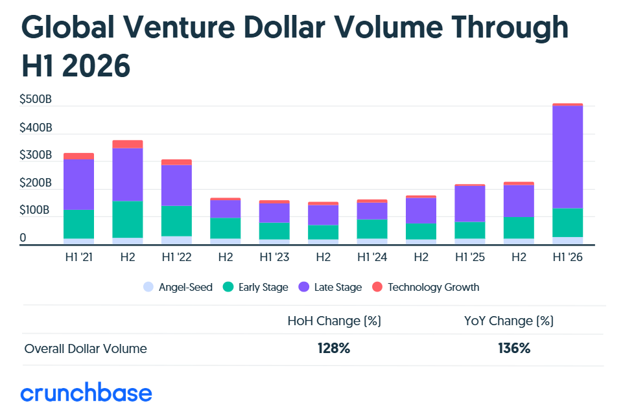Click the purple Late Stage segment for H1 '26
click(x=567, y=157)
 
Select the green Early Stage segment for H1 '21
click(x=78, y=224)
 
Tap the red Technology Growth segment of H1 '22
click(x=176, y=163)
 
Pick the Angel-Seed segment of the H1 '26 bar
click(x=567, y=241)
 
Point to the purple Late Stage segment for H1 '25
click(x=469, y=204)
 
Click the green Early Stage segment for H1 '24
click(x=372, y=229)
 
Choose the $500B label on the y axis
click(x=36, y=99)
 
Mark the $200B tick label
click(x=36, y=183)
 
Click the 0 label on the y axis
click(x=23, y=238)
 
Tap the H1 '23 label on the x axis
click(x=274, y=257)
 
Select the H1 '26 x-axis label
click(x=567, y=257)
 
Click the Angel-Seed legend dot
click(x=148, y=287)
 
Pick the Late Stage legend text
click(x=338, y=287)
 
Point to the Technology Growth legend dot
click(x=377, y=287)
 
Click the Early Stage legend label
click(x=263, y=288)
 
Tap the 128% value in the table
click(x=334, y=349)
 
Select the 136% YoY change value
click(x=514, y=349)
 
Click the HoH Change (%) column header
click(x=334, y=321)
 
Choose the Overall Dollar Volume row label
click(x=86, y=349)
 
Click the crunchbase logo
click(x=86, y=393)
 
